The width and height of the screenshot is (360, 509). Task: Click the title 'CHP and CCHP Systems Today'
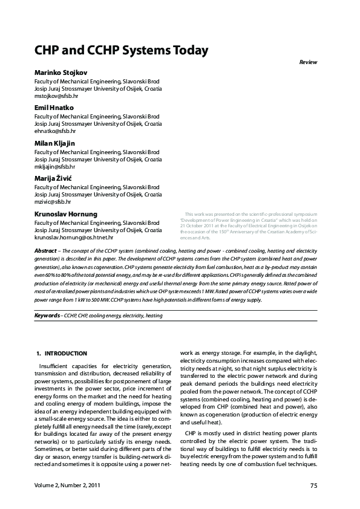(x=121, y=50)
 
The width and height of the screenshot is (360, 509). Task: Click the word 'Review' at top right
(x=308, y=62)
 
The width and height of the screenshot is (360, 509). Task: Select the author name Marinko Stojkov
(x=61, y=73)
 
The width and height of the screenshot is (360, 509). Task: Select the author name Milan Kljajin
(x=56, y=143)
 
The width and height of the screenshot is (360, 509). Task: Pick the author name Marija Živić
(x=54, y=178)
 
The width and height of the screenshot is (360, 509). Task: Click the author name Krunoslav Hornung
(x=66, y=214)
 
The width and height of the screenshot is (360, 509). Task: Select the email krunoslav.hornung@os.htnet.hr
(x=74, y=238)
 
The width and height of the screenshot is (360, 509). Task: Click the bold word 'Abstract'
(x=45, y=250)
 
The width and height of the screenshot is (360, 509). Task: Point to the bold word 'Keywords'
(x=47, y=316)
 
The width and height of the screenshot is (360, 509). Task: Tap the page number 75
(x=313, y=485)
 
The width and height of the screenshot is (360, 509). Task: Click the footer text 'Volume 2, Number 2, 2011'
(x=67, y=485)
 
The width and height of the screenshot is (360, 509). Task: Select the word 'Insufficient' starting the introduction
(x=54, y=366)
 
